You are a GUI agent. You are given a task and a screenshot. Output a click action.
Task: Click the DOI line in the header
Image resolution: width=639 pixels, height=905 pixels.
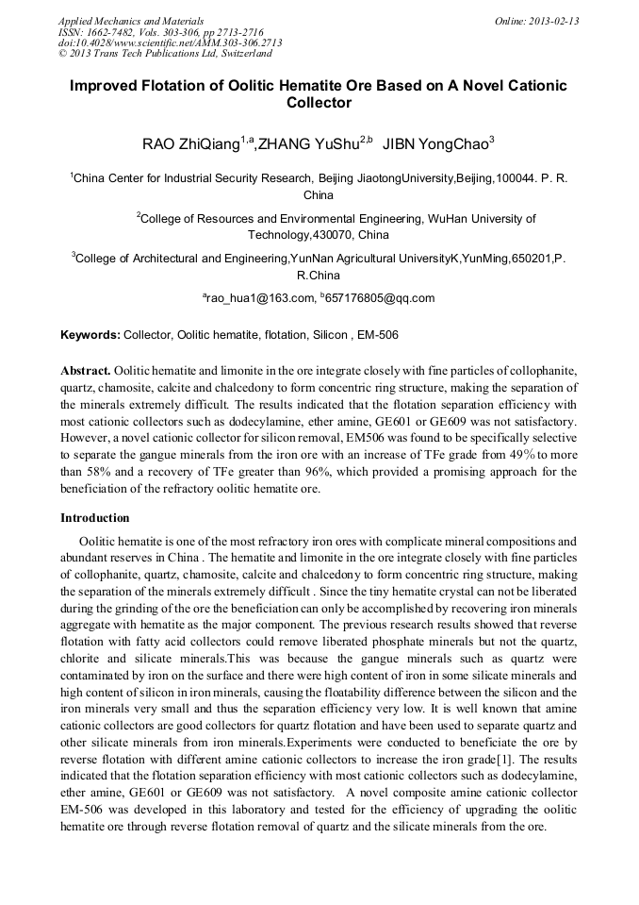[x=171, y=42]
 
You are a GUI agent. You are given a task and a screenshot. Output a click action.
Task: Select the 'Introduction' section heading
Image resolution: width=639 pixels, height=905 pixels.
[x=95, y=518]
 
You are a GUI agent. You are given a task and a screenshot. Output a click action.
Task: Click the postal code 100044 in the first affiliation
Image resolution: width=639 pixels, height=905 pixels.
[x=513, y=177]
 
